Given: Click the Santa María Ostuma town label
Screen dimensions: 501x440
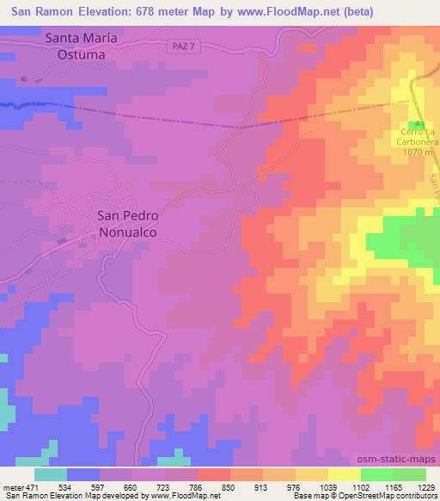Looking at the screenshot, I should [75, 46].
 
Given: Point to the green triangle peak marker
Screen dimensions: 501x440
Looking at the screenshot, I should [419, 125].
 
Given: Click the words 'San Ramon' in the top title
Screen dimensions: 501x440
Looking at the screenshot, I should [49, 11].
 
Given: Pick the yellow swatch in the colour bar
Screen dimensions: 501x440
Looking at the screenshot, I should [343, 474].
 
